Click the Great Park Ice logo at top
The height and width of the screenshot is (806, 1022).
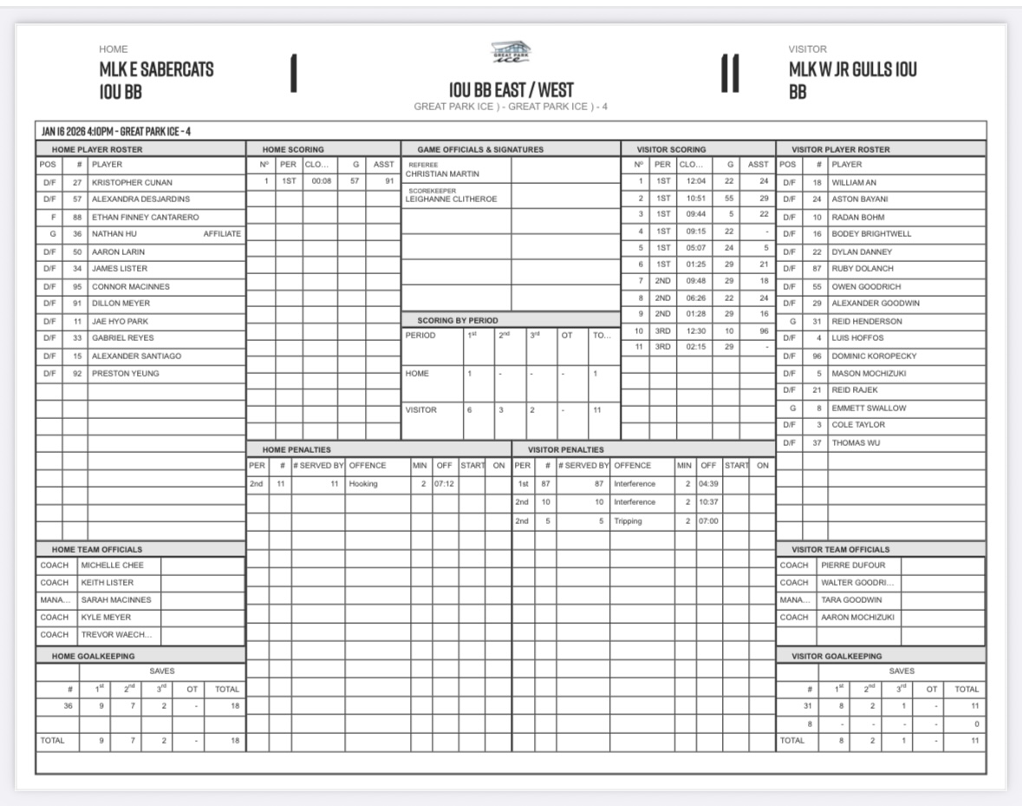tap(511, 54)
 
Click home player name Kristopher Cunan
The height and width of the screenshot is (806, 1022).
tap(132, 183)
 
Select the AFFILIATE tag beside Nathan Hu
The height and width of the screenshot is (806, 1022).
tap(222, 234)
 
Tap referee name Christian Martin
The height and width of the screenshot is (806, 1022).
tap(442, 174)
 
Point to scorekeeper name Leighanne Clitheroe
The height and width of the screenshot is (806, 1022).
tap(452, 200)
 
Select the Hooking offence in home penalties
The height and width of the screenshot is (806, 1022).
tap(363, 483)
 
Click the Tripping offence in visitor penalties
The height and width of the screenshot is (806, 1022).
tap(629, 521)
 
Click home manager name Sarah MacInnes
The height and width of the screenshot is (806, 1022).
tap(116, 600)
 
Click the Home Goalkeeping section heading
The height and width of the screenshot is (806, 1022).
tap(93, 656)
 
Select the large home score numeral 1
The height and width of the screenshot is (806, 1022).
tap(294, 73)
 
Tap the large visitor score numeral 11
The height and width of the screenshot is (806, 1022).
tap(729, 73)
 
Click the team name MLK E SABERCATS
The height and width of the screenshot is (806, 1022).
tap(156, 69)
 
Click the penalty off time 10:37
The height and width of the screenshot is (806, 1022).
tap(708, 502)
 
